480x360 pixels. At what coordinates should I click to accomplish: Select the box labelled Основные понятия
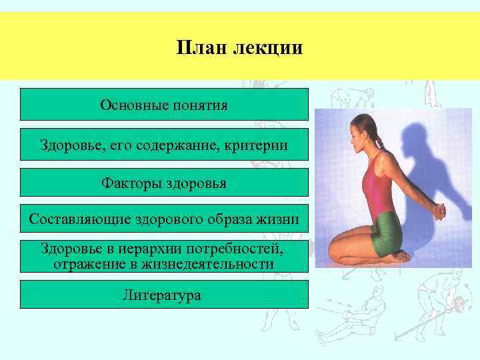point(164,105)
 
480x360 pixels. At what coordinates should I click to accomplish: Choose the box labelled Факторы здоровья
point(164,182)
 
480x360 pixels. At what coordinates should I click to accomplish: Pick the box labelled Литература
point(164,294)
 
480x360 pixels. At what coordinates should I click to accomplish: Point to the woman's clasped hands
point(439,212)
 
